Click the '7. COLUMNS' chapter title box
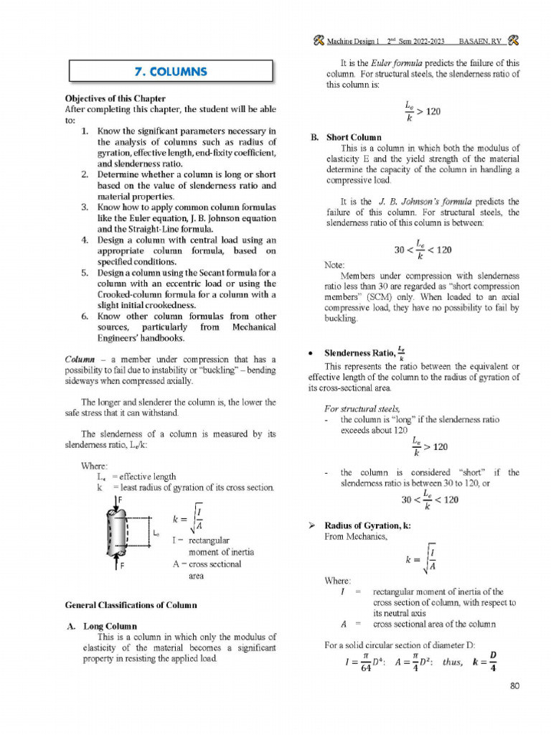pyautogui.click(x=171, y=71)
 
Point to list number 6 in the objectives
pyautogui.click(x=85, y=316)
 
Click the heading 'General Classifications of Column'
pyautogui.click(x=131, y=605)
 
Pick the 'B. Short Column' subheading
pyautogui.click(x=346, y=137)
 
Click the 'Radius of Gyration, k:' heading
pyautogui.click(x=367, y=525)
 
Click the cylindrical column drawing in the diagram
pyautogui.click(x=118, y=532)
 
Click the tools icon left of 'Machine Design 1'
pyautogui.click(x=318, y=40)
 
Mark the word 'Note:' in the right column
pyautogui.click(x=334, y=265)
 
